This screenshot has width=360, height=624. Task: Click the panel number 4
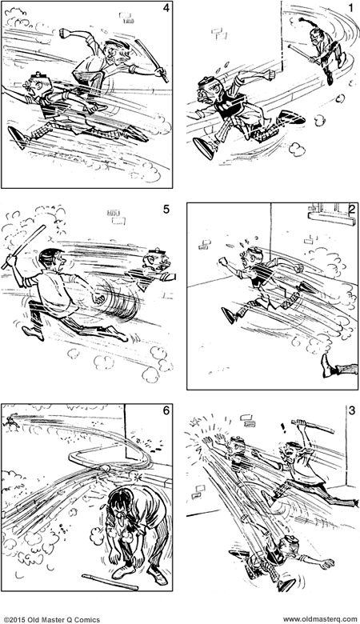click(x=166, y=10)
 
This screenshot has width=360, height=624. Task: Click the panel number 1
click(x=350, y=9)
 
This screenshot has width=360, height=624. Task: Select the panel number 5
click(x=166, y=210)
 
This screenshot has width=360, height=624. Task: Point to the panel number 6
click(x=166, y=410)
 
